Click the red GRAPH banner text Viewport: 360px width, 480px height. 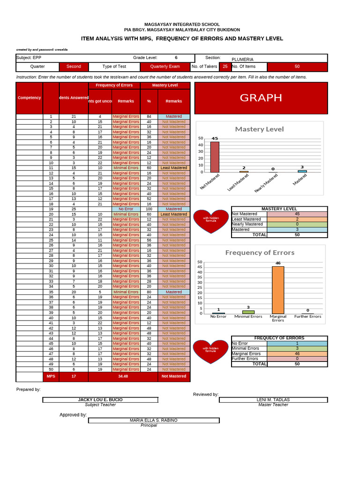point(261,97)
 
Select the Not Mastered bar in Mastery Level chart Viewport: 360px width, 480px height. point(215,157)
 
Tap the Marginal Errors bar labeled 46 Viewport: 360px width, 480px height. point(278,290)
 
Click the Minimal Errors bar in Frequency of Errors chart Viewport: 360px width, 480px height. point(248,312)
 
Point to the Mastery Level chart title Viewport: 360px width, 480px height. point(259,129)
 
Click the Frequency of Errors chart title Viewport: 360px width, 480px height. point(260,253)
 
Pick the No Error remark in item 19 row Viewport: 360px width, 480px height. point(126,209)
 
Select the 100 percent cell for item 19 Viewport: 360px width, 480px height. point(149,209)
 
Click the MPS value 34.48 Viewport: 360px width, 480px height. point(123,376)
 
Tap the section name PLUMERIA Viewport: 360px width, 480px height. point(242,60)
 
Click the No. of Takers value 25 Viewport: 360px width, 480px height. point(225,67)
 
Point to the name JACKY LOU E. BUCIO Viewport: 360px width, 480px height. point(100,400)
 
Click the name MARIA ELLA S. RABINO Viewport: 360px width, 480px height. point(153,420)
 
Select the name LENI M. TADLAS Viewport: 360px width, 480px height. point(273,400)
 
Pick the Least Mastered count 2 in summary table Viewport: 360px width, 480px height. point(297,219)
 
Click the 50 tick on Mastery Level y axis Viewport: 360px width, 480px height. point(201,138)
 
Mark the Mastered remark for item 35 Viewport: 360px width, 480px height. point(174,292)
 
